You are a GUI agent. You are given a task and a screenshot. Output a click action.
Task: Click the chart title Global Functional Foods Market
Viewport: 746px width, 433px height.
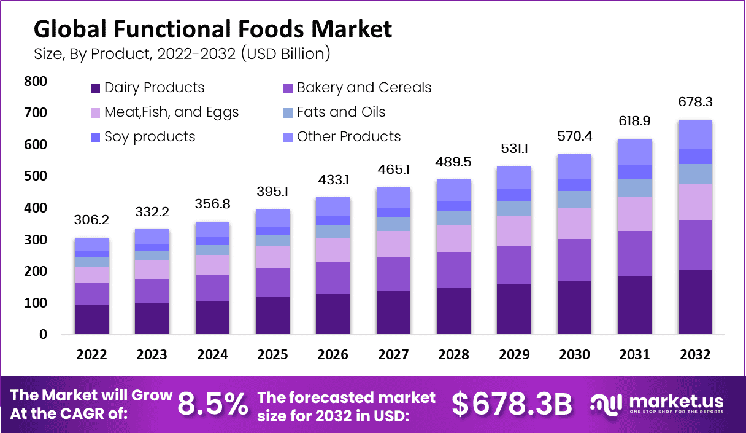(x=212, y=28)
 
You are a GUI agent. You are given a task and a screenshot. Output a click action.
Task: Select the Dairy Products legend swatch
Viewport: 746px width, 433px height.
(x=96, y=88)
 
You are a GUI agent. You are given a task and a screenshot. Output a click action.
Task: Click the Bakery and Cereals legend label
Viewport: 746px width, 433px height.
(x=364, y=88)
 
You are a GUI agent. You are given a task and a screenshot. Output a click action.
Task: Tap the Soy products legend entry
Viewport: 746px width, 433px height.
(x=150, y=137)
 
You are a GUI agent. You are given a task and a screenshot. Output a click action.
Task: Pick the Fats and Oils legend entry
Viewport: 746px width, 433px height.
(x=341, y=112)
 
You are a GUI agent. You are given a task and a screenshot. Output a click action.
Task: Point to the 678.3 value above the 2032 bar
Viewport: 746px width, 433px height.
(x=694, y=102)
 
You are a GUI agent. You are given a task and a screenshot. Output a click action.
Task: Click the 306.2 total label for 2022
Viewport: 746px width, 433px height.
(x=91, y=220)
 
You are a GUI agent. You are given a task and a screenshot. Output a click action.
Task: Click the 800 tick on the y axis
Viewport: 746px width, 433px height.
(x=36, y=82)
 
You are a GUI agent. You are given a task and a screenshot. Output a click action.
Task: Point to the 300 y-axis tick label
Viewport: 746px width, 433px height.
(x=36, y=240)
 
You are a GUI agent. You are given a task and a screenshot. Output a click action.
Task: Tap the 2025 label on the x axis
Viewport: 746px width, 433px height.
(x=272, y=355)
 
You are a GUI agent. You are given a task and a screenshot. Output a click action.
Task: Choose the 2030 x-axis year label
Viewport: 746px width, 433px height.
(x=574, y=355)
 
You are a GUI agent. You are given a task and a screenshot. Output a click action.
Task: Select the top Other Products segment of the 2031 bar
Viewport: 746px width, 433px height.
(x=634, y=152)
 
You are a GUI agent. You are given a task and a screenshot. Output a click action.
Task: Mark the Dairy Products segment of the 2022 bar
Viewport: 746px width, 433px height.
(x=91, y=319)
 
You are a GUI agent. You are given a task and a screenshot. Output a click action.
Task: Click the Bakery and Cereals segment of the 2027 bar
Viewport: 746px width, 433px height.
(x=393, y=273)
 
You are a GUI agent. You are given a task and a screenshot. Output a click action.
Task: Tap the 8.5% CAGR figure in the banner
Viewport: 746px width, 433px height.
(x=213, y=404)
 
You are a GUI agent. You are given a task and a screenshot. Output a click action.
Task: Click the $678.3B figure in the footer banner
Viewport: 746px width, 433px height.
(x=512, y=404)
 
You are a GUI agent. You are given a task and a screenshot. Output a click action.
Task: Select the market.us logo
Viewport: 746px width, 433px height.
(x=656, y=404)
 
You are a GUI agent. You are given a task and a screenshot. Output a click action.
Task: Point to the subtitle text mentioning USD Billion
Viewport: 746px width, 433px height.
(x=182, y=53)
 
